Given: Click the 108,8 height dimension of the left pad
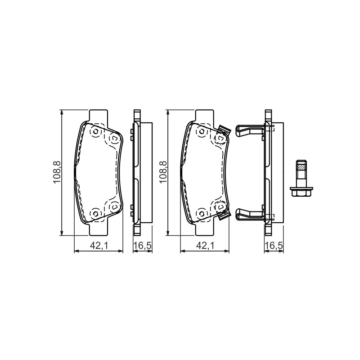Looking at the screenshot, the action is pyautogui.click(x=57, y=172).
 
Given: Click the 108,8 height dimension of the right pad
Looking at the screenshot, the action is pyautogui.click(x=163, y=172).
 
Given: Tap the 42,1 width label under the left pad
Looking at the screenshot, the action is pyautogui.click(x=99, y=246).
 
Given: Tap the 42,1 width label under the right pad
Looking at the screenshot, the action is pyautogui.click(x=205, y=246).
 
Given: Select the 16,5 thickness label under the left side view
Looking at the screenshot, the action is pyautogui.click(x=143, y=246).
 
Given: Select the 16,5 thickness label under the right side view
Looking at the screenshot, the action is pyautogui.click(x=274, y=246).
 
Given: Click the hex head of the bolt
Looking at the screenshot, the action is pyautogui.click(x=301, y=192).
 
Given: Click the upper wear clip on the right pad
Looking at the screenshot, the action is pyautogui.click(x=224, y=131).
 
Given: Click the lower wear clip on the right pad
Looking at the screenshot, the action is pyautogui.click(x=224, y=215).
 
